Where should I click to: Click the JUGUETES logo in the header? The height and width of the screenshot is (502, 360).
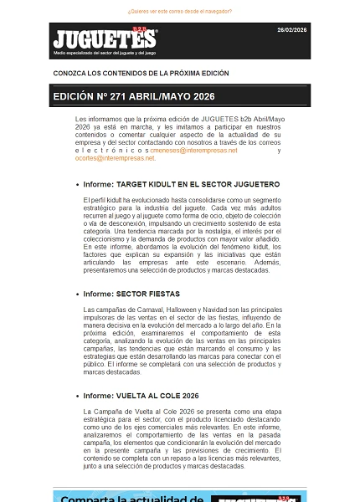(x=104, y=39)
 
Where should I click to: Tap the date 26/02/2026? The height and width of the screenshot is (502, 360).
(x=292, y=29)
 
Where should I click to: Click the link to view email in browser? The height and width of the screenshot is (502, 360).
(x=179, y=12)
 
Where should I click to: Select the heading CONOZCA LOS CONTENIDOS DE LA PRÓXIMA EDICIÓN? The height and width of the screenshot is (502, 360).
(x=141, y=74)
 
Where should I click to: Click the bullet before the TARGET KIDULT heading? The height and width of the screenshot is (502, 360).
(x=78, y=184)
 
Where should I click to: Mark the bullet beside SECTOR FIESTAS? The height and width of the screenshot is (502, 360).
(x=78, y=295)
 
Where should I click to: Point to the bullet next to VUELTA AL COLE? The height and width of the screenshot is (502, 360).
(x=78, y=396)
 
